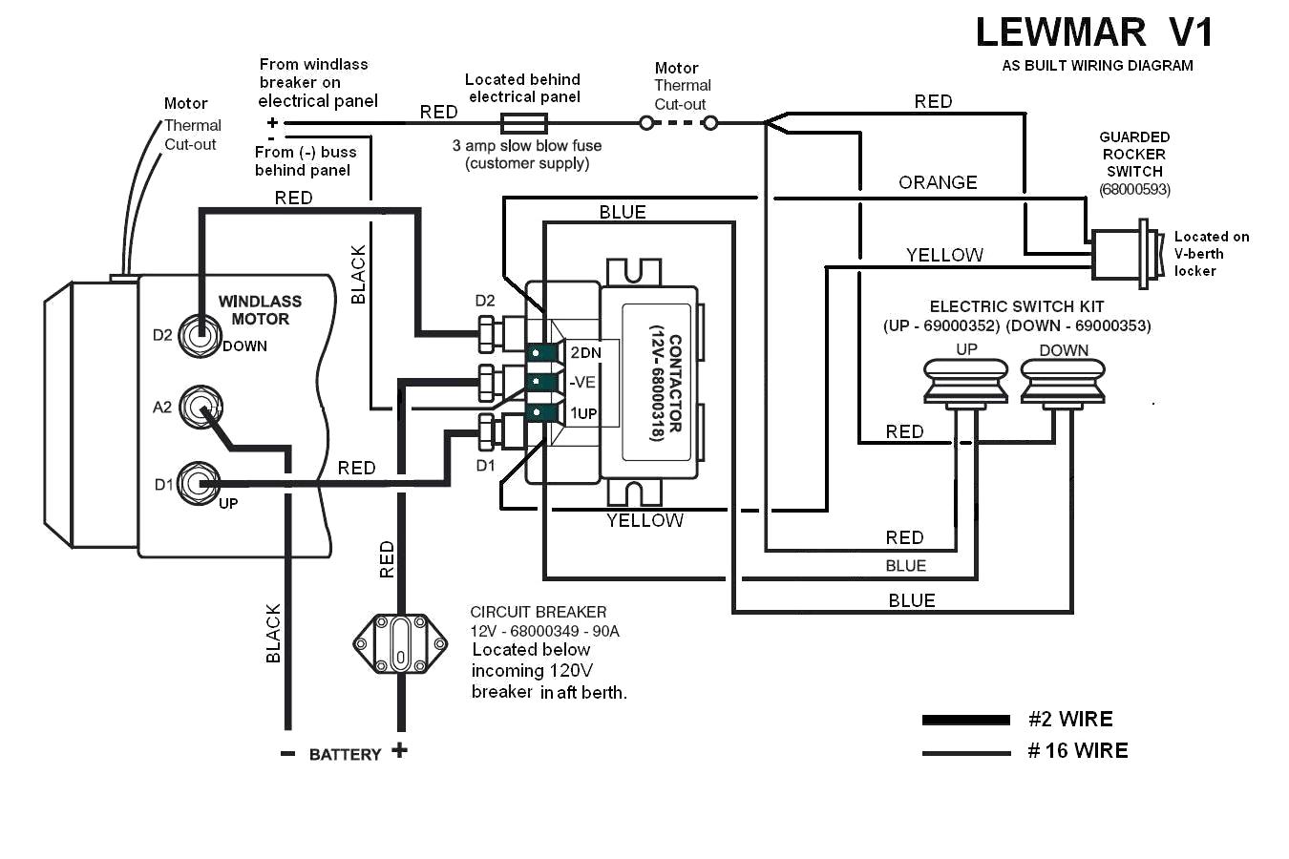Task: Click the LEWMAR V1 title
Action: click(x=1094, y=32)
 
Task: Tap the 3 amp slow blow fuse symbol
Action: click(x=523, y=123)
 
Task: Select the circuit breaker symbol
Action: click(x=400, y=644)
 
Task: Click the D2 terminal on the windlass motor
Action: click(x=200, y=335)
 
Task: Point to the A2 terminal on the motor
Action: click(x=201, y=408)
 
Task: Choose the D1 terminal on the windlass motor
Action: click(x=200, y=484)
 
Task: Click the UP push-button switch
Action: click(x=965, y=385)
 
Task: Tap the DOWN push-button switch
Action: click(x=1063, y=385)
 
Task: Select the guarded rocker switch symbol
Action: click(x=1125, y=254)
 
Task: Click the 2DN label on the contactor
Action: click(x=585, y=353)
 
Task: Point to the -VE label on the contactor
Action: click(x=582, y=383)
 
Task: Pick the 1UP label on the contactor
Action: click(x=583, y=413)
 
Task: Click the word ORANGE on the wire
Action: click(x=938, y=183)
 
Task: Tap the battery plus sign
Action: click(x=399, y=750)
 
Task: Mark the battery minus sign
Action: click(x=287, y=754)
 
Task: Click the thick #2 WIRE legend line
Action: click(x=966, y=720)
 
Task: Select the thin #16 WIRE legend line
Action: click(x=966, y=753)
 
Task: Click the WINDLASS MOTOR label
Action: click(x=260, y=310)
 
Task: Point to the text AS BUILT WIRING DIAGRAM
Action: click(x=1097, y=66)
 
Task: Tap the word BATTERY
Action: click(x=346, y=754)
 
